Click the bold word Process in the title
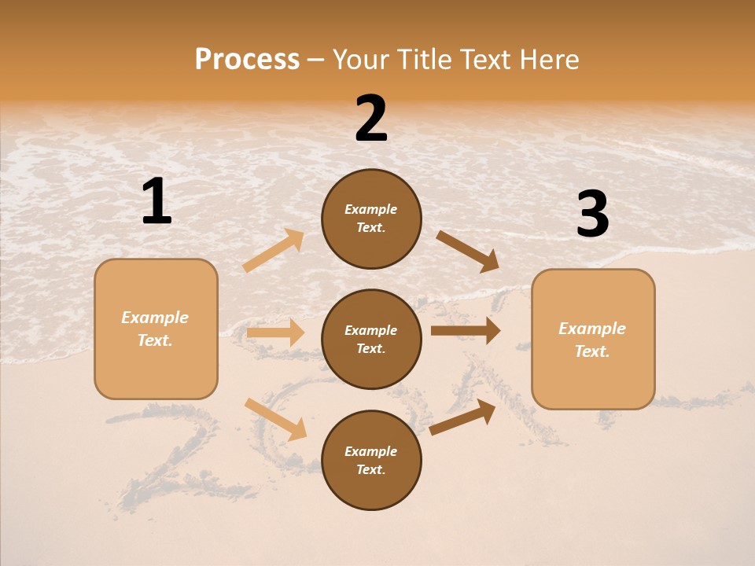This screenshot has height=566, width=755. click(x=247, y=60)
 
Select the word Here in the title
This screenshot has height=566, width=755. click(x=548, y=60)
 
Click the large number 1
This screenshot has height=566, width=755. click(x=157, y=201)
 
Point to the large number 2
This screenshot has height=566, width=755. click(x=371, y=119)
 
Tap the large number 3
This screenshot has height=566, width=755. click(x=592, y=215)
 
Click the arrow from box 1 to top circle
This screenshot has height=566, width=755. click(x=274, y=251)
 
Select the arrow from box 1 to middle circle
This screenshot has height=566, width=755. click(x=275, y=333)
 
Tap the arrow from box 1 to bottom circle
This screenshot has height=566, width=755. click(x=275, y=419)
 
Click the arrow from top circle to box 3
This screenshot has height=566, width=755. click(x=467, y=251)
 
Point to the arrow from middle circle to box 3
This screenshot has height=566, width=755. click(x=465, y=330)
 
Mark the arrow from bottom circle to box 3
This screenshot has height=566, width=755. click(x=462, y=417)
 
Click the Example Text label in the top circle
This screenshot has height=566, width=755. click(x=371, y=219)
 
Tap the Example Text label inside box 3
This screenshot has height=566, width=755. click(x=592, y=340)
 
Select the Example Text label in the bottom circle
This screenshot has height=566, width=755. click(x=371, y=461)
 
